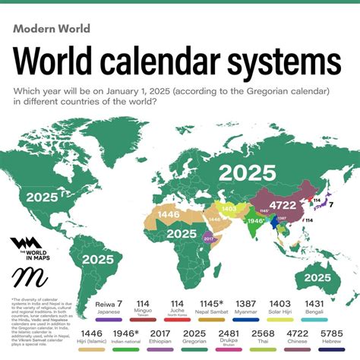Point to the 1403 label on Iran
228,208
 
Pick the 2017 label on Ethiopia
210,238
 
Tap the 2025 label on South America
99,259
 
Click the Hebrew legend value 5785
332,333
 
